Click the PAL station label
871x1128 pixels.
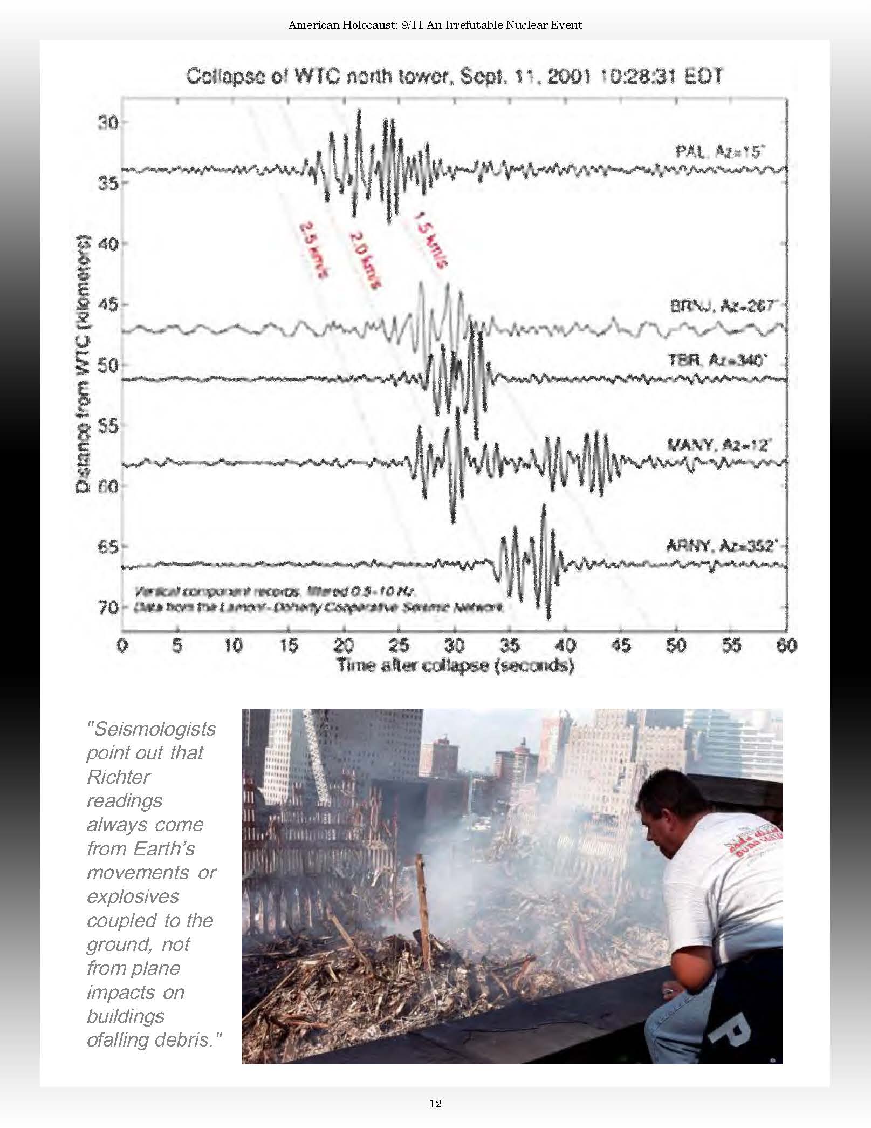point(719,152)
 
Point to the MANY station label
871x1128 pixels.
point(719,445)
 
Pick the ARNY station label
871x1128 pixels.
point(722,546)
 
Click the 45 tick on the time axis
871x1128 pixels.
point(621,645)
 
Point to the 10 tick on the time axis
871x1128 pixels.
point(233,645)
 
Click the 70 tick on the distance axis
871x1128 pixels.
point(107,608)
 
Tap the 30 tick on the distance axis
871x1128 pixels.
point(107,123)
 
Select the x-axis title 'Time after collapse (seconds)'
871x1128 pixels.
point(455,665)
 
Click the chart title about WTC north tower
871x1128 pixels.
point(454,77)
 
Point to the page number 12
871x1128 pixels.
point(435,1104)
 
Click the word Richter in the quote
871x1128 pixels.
point(119,777)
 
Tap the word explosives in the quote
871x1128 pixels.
point(133,896)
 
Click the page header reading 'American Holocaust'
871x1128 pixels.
point(435,25)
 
